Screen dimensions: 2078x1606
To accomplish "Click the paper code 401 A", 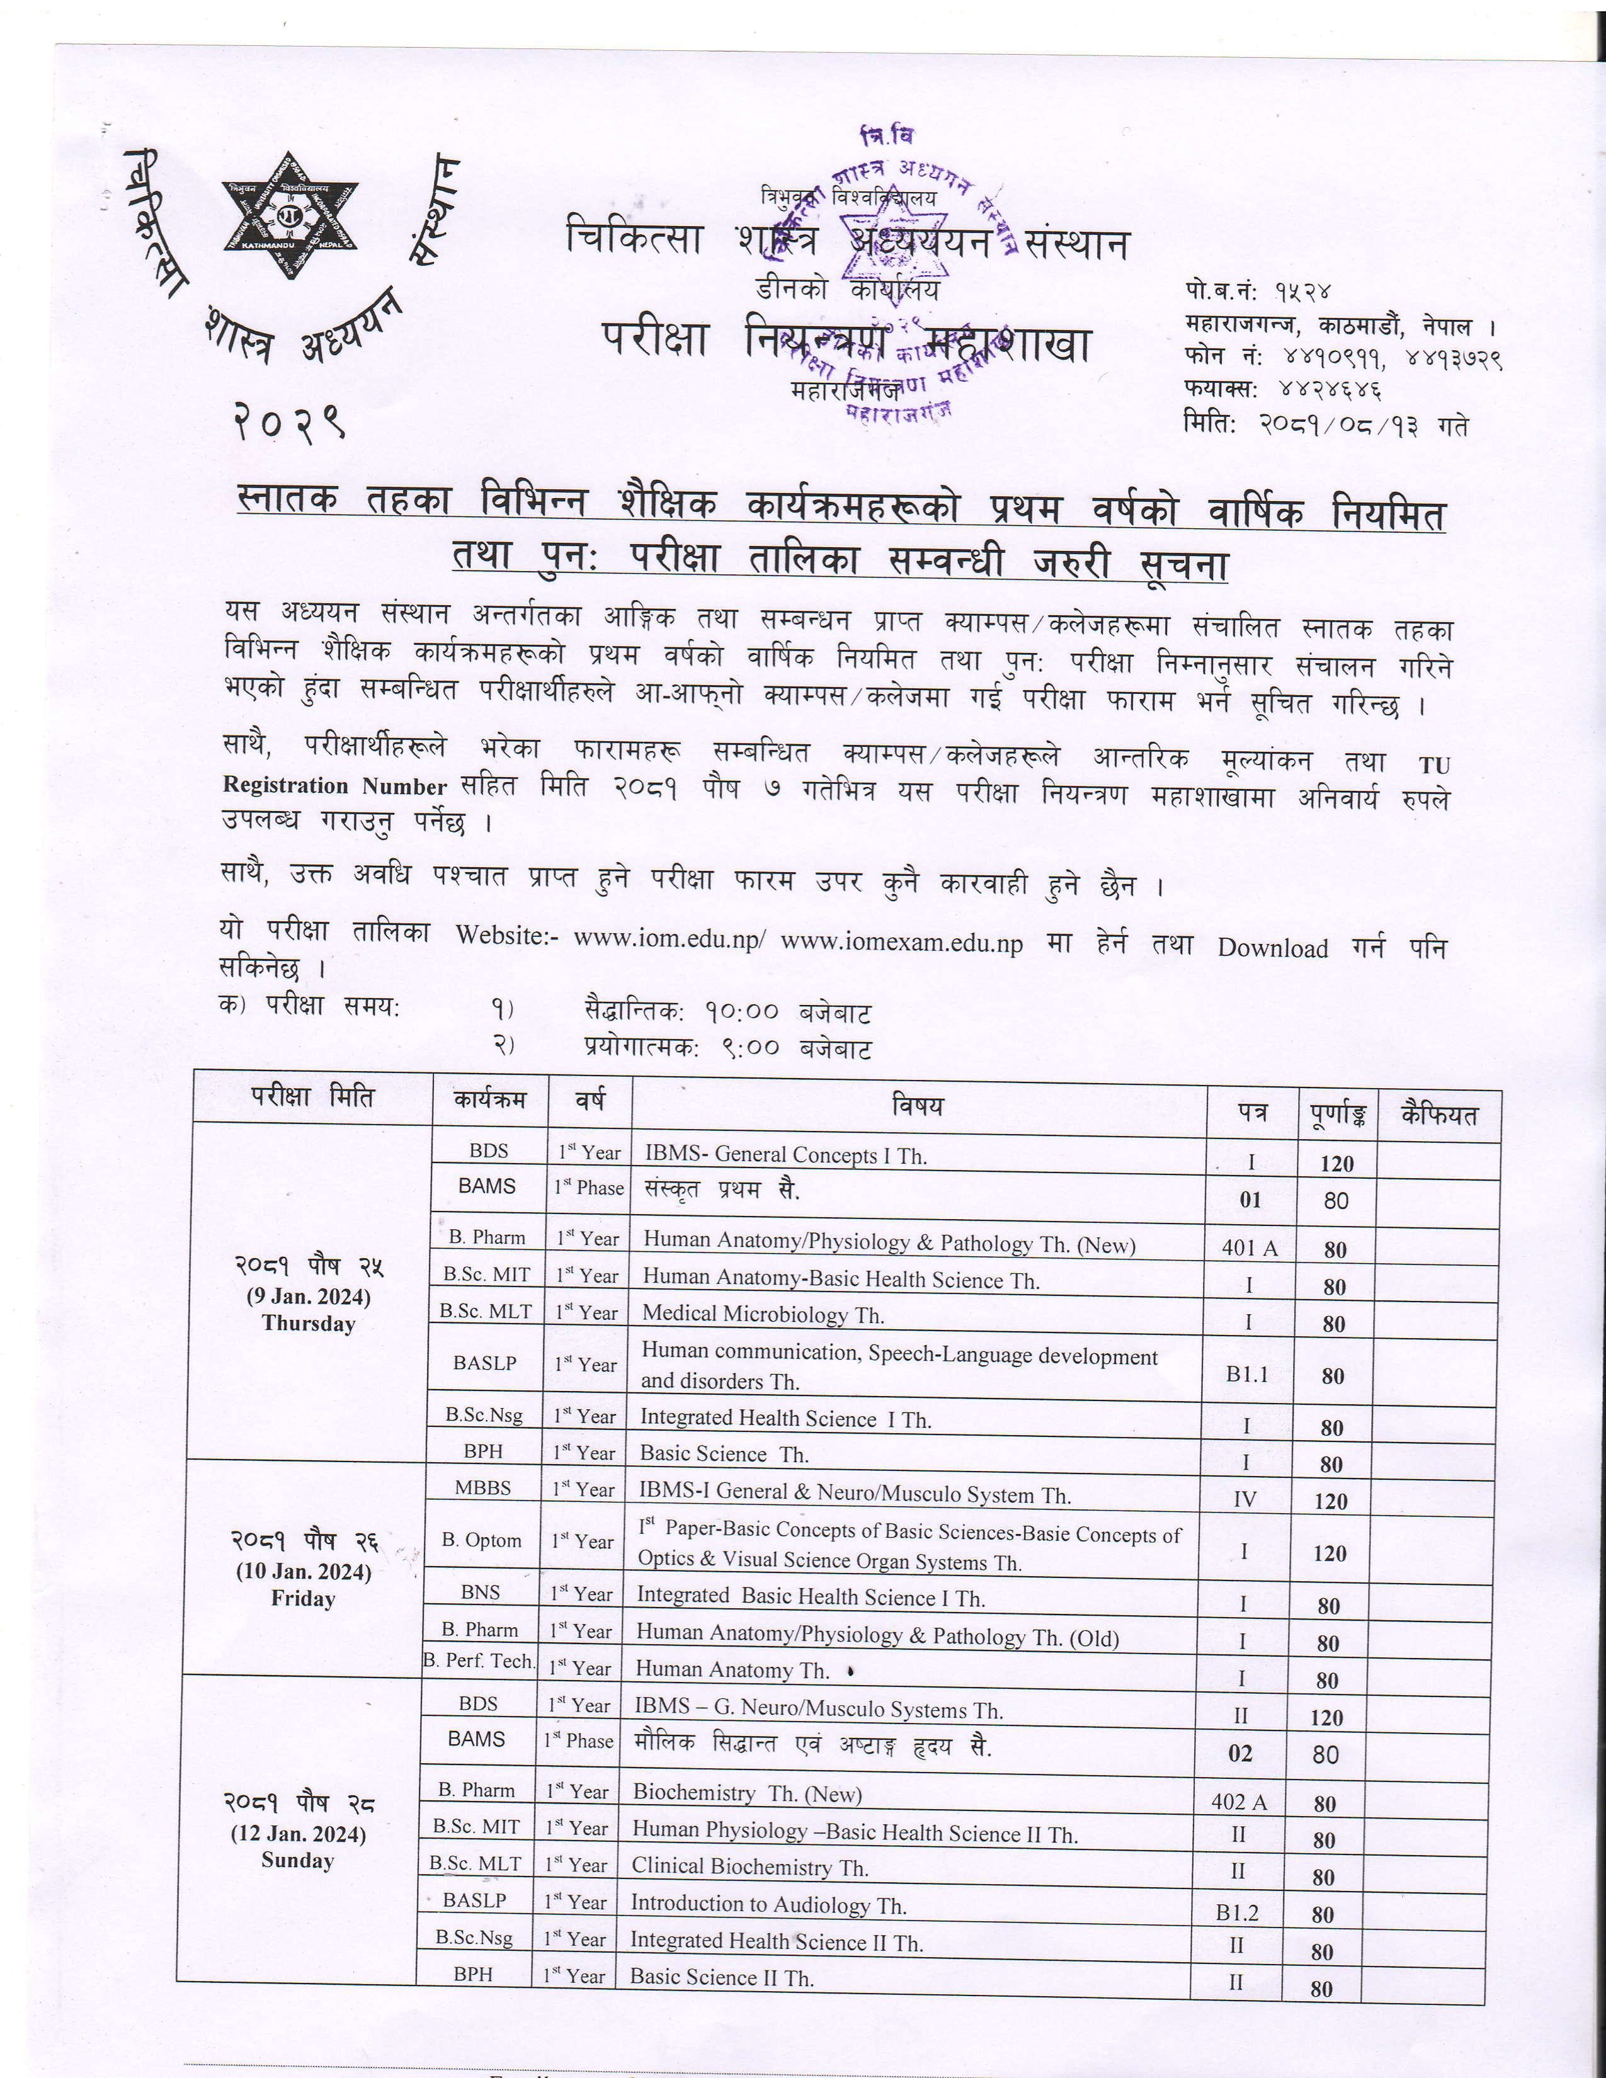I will pyautogui.click(x=1250, y=1247).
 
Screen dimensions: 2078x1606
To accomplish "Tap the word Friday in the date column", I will pyautogui.click(x=302, y=1598).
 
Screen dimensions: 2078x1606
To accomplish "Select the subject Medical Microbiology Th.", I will pyautogui.click(x=763, y=1314).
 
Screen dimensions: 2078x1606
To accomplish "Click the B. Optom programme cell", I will pyautogui.click(x=481, y=1540).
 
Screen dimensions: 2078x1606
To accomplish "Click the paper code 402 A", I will pyautogui.click(x=1239, y=1801).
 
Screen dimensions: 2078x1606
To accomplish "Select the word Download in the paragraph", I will pyautogui.click(x=1272, y=948).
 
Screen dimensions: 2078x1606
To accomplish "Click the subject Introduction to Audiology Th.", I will pyautogui.click(x=768, y=1904).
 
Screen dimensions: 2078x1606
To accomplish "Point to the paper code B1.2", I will pyautogui.click(x=1237, y=1912).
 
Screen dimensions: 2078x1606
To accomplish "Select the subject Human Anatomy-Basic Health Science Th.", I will pyautogui.click(x=841, y=1280).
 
